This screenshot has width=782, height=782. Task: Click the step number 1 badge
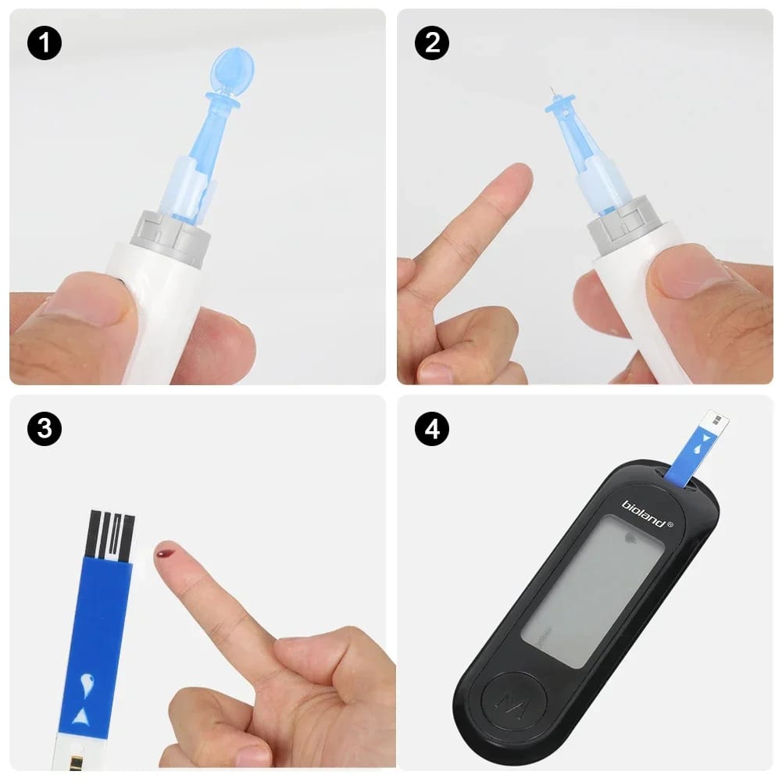click(45, 43)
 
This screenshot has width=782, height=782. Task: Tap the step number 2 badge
click(432, 43)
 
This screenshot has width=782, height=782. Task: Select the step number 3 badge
click(45, 429)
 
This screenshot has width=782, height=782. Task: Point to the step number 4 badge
click(432, 429)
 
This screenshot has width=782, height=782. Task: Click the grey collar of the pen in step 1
click(170, 237)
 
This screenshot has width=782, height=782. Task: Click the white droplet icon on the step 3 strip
click(87, 684)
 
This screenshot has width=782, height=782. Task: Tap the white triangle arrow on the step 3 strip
click(80, 716)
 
